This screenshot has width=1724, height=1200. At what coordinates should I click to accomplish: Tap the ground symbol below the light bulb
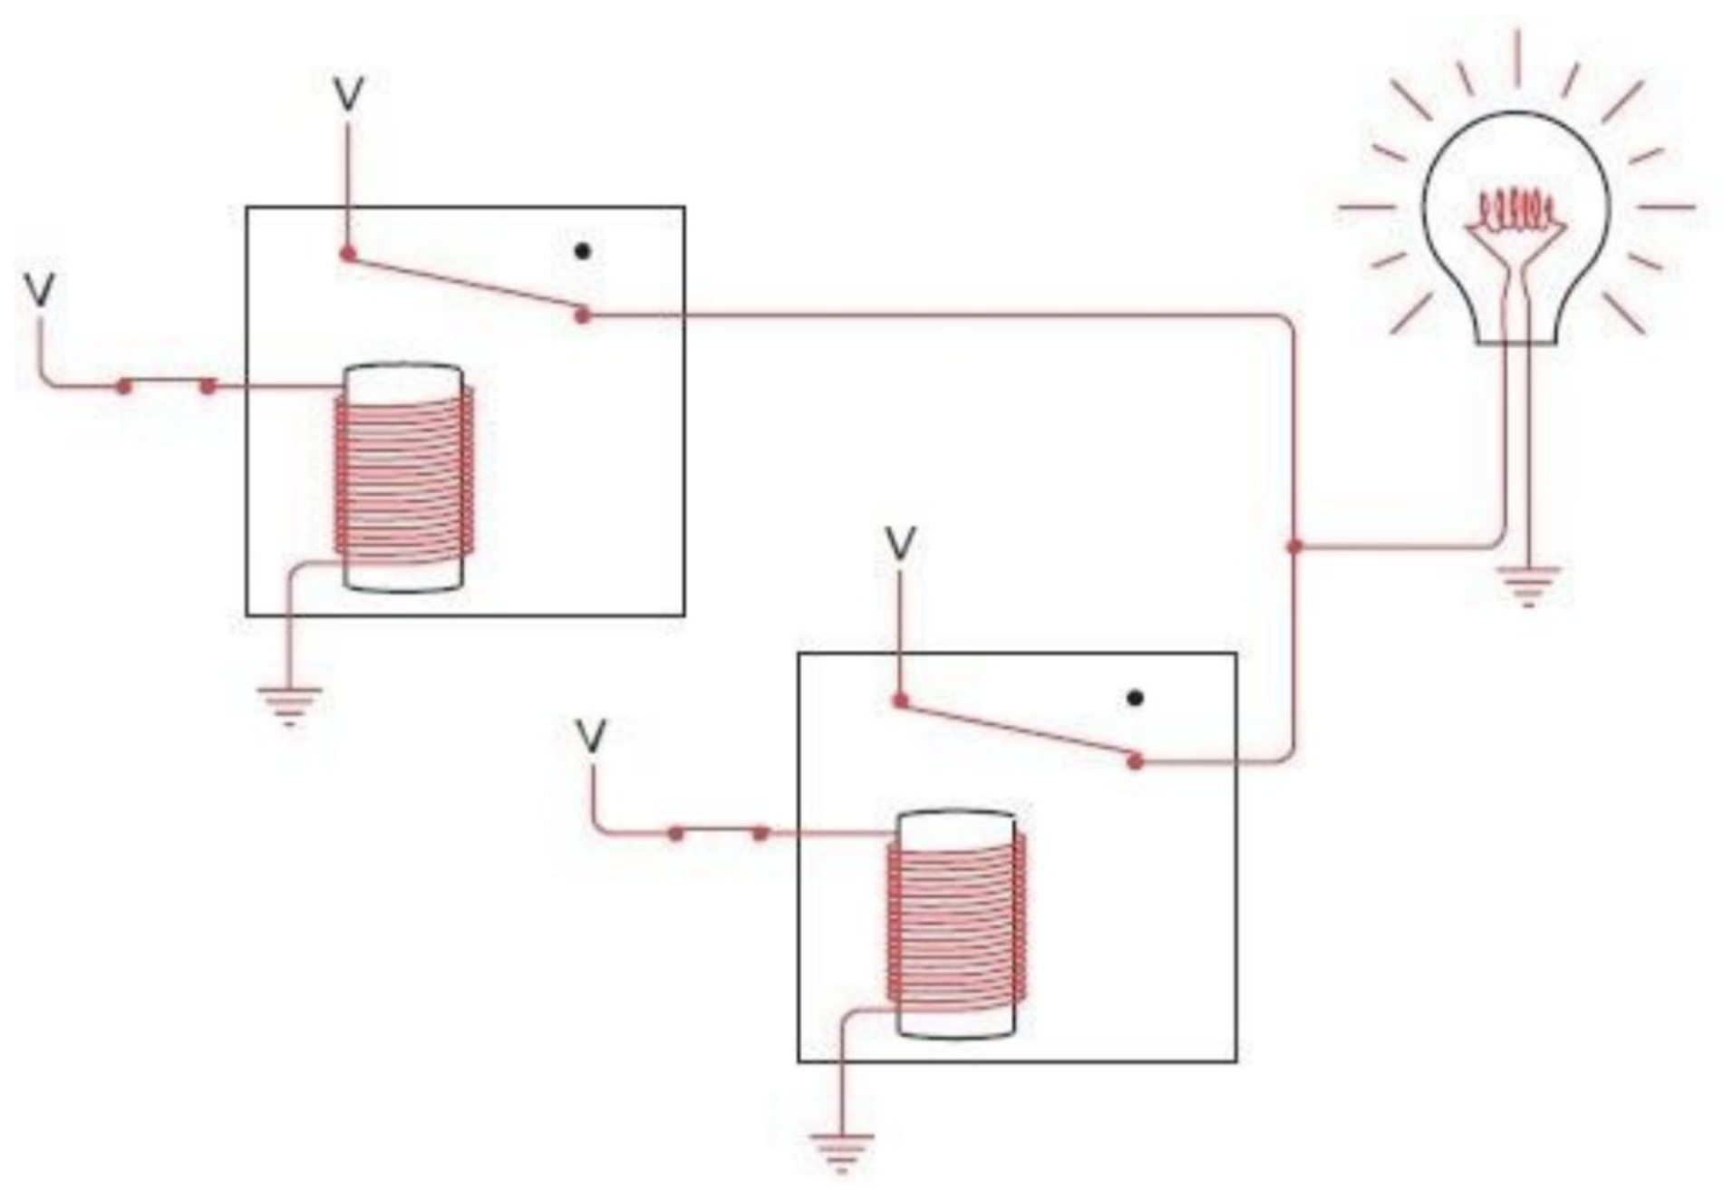[1528, 585]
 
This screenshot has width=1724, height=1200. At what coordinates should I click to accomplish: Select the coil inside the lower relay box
[957, 924]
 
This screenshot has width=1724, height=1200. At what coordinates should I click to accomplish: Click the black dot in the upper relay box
[583, 251]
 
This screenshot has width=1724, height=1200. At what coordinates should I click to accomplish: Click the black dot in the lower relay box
[1135, 698]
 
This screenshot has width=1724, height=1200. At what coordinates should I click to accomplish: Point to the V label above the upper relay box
[348, 93]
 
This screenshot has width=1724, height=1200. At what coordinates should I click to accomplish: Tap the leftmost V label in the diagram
[40, 289]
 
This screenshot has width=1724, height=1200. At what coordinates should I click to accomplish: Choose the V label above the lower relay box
[900, 543]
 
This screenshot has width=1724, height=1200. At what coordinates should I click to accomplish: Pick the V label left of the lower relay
[591, 736]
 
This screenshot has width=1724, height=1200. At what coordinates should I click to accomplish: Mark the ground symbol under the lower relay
[842, 1152]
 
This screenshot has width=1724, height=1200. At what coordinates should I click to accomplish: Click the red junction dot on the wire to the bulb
[1294, 546]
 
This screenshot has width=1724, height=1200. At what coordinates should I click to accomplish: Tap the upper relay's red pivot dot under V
[348, 255]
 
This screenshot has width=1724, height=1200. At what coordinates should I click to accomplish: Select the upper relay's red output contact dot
[583, 315]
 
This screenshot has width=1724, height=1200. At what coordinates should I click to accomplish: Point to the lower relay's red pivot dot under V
[900, 701]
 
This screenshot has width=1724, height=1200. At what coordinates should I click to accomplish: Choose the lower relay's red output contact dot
[1135, 762]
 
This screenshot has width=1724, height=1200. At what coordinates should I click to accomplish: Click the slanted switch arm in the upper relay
[466, 285]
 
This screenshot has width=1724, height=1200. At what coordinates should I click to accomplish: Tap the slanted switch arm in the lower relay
[1018, 731]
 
